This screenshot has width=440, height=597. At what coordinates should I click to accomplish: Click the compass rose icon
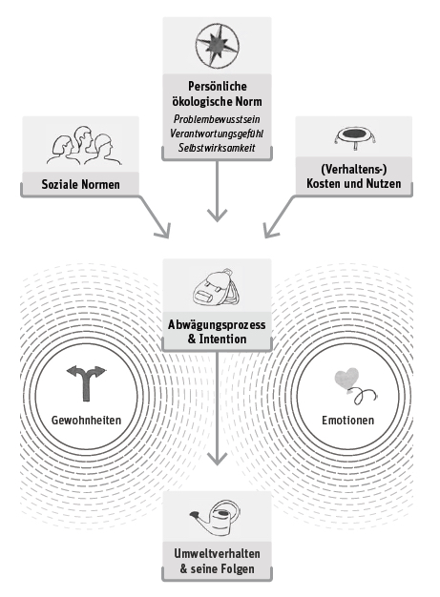click(218, 46)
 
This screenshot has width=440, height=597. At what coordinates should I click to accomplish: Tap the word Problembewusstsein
click(217, 119)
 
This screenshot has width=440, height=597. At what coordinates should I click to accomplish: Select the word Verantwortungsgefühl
click(217, 134)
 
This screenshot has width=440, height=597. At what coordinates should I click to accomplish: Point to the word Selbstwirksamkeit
click(217, 148)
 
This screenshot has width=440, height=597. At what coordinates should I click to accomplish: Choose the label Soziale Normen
click(80, 185)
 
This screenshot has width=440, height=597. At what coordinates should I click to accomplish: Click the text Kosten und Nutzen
click(354, 184)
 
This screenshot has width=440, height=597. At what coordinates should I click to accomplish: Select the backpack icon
click(217, 287)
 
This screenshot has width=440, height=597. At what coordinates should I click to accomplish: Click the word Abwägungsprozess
click(217, 325)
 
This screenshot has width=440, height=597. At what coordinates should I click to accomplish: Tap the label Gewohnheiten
click(87, 421)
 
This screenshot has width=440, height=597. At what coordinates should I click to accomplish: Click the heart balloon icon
click(355, 385)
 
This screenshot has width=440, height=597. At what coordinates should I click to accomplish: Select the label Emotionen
click(347, 421)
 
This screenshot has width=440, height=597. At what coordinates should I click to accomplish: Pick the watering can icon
click(216, 518)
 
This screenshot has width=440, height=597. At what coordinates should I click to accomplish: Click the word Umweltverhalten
click(218, 554)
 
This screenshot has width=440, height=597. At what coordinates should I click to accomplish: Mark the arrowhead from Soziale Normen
click(163, 231)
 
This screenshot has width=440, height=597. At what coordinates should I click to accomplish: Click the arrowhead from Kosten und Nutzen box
click(270, 231)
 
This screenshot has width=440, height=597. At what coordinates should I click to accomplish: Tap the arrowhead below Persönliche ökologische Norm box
click(218, 216)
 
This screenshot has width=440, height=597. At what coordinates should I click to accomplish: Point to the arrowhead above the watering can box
click(218, 459)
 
